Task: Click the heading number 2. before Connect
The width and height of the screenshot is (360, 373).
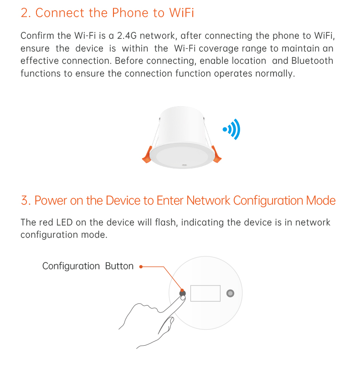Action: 26,13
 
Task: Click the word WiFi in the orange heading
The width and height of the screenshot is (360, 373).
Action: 181,13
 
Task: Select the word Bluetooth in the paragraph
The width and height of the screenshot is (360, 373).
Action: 312,61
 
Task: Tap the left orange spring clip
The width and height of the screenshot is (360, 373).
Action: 147,155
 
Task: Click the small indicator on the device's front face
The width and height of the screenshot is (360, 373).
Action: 184,164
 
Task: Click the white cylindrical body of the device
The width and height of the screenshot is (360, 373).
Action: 182,125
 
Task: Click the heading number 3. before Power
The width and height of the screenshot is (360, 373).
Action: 26,201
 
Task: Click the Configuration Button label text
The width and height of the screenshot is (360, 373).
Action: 87,266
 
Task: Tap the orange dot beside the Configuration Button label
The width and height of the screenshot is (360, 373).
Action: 141,267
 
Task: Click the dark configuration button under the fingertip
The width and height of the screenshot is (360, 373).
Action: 183,293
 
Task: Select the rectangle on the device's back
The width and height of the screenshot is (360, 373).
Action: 205,293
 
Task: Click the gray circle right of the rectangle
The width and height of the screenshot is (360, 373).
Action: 230,293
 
